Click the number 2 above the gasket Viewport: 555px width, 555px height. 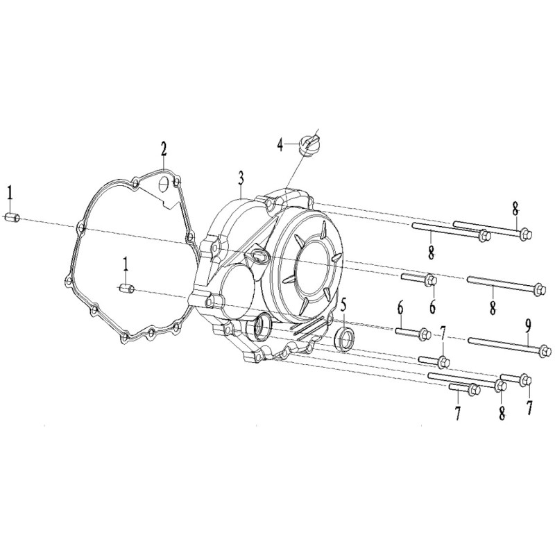click(163, 149)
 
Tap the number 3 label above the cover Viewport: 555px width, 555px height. click(241, 178)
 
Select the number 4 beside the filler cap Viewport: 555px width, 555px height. click(280, 145)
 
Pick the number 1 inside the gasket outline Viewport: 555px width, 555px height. click(126, 264)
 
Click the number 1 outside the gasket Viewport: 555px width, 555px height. click(10, 193)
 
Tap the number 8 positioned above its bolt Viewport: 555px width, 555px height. click(515, 210)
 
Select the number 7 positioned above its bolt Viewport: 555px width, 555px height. click(443, 332)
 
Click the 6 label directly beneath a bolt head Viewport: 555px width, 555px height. click(433, 307)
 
